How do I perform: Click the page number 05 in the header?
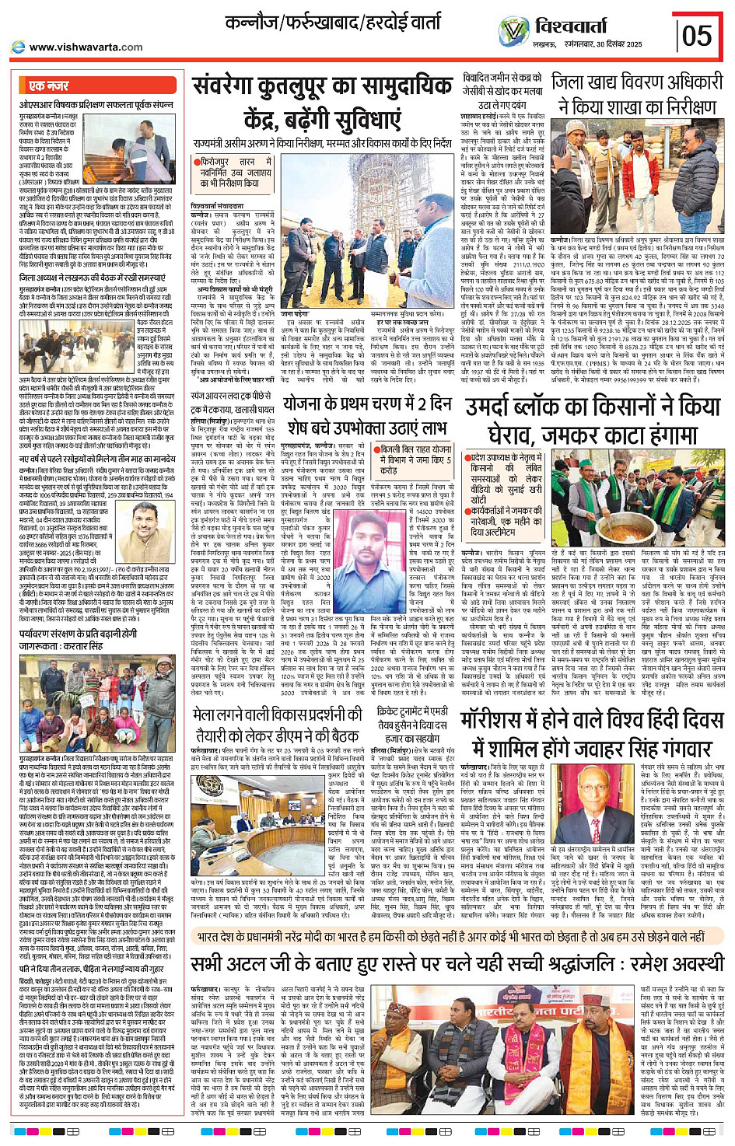(696, 36)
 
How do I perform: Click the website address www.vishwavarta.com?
(86, 47)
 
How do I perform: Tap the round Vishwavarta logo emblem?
(513, 33)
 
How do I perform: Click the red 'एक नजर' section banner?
(49, 86)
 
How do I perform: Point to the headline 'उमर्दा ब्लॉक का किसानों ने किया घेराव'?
(592, 420)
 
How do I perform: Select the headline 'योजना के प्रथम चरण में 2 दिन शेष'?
(366, 415)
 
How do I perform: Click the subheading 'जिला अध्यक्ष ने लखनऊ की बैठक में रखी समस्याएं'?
(92, 278)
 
